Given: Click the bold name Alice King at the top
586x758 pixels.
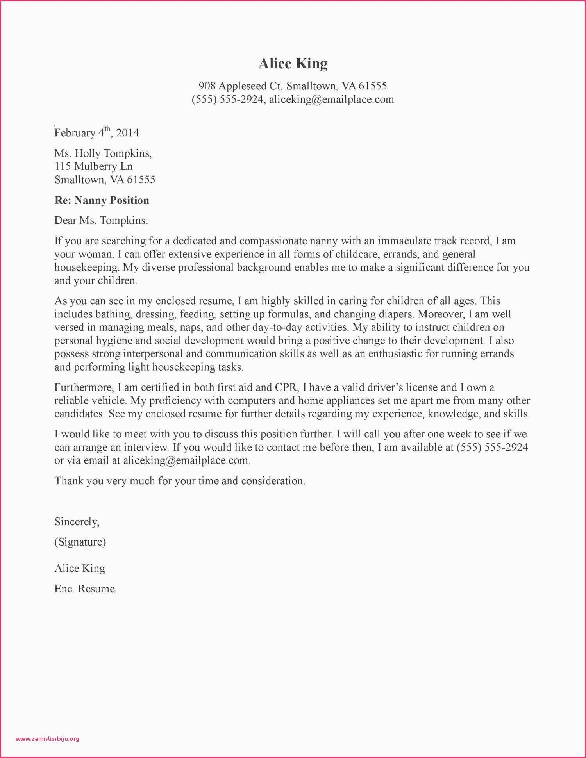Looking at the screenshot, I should click(293, 64).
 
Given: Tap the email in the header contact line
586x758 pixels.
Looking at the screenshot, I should click(331, 99).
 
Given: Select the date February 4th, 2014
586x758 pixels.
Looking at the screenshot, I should click(96, 133).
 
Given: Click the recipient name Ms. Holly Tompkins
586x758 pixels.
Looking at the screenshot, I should click(103, 153).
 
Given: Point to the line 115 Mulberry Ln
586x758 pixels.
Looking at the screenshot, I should click(93, 166).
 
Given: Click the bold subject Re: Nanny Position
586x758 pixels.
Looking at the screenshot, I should click(102, 200).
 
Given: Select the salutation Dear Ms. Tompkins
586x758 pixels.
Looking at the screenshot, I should click(101, 221).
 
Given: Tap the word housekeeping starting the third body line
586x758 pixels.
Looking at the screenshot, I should click(87, 268).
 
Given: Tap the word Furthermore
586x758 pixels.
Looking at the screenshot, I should click(84, 387).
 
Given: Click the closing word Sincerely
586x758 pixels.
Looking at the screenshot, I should click(77, 522).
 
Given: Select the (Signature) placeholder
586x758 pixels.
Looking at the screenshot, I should click(80, 542).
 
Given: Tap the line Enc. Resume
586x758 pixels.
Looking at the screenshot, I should click(84, 589).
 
